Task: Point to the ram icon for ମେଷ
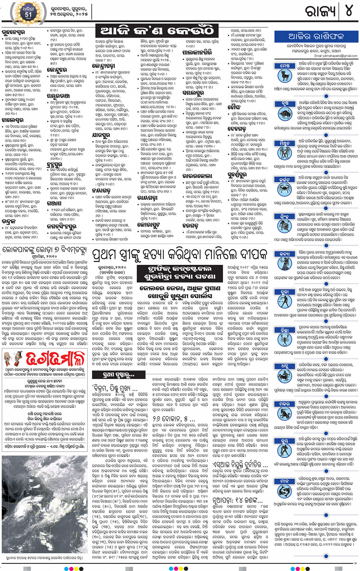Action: click(285, 76)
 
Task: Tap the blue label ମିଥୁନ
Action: click(285, 143)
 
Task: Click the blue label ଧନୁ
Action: click(285, 366)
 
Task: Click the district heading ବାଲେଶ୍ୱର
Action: click(13, 120)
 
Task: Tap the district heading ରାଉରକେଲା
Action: click(197, 176)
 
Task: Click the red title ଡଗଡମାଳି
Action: click(55, 359)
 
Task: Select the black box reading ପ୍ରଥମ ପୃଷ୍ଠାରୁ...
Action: click(113, 375)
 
